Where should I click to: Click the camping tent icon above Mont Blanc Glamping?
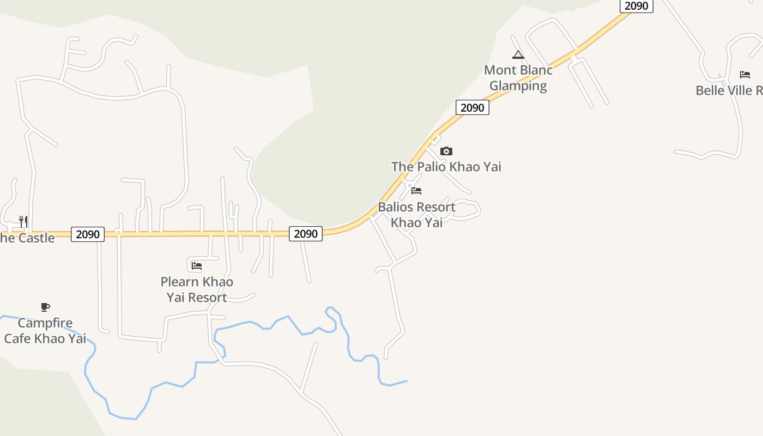pyautogui.click(x=518, y=55)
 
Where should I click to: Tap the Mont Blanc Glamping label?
pyautogui.click(x=518, y=78)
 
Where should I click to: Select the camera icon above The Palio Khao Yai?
pyautogui.click(x=446, y=152)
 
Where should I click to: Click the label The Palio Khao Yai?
pyautogui.click(x=446, y=167)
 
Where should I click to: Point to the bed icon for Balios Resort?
pyautogui.click(x=416, y=191)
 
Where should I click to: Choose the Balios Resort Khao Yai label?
pyautogui.click(x=416, y=215)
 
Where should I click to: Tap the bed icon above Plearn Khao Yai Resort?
pyautogui.click(x=197, y=266)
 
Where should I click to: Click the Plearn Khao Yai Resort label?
pyautogui.click(x=197, y=289)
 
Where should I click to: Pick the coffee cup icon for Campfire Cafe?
pyautogui.click(x=45, y=307)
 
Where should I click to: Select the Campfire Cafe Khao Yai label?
pyautogui.click(x=45, y=331)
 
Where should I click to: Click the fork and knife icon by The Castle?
pyautogui.click(x=23, y=221)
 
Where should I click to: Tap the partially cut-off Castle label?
pyautogui.click(x=27, y=238)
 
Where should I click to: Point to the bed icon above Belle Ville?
pyautogui.click(x=745, y=75)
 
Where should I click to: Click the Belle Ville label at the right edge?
pyautogui.click(x=729, y=90)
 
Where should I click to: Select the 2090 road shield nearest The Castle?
pyautogui.click(x=88, y=234)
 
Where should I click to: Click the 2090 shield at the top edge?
pyautogui.click(x=636, y=6)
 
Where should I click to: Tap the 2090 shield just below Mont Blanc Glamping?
pyautogui.click(x=473, y=107)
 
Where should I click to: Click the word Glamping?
pyautogui.click(x=518, y=86)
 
